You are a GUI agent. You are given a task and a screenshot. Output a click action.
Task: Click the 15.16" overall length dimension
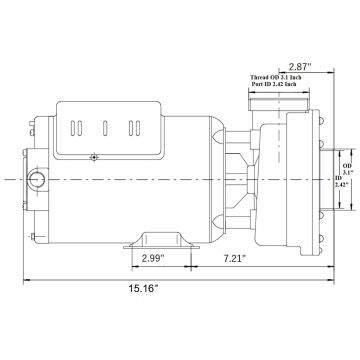pyautogui.click(x=143, y=288)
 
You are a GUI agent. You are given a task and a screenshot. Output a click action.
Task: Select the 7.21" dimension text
pyautogui.click(x=235, y=258)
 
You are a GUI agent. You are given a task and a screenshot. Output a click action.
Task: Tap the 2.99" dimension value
pyautogui.click(x=153, y=258)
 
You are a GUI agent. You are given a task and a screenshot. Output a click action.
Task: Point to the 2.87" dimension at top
pyautogui.click(x=300, y=67)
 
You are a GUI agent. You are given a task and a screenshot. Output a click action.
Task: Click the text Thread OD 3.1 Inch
pyautogui.click(x=276, y=77)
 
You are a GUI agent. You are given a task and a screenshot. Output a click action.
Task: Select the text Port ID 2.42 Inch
pyautogui.click(x=274, y=84)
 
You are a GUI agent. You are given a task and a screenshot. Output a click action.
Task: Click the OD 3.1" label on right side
pyautogui.click(x=348, y=169)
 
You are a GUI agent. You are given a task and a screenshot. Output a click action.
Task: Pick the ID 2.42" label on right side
pyautogui.click(x=339, y=181)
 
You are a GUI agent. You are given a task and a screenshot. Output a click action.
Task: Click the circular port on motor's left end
pyautogui.click(x=36, y=180)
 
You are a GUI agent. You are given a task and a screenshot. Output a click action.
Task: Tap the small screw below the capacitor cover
pyautogui.click(x=95, y=157)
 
